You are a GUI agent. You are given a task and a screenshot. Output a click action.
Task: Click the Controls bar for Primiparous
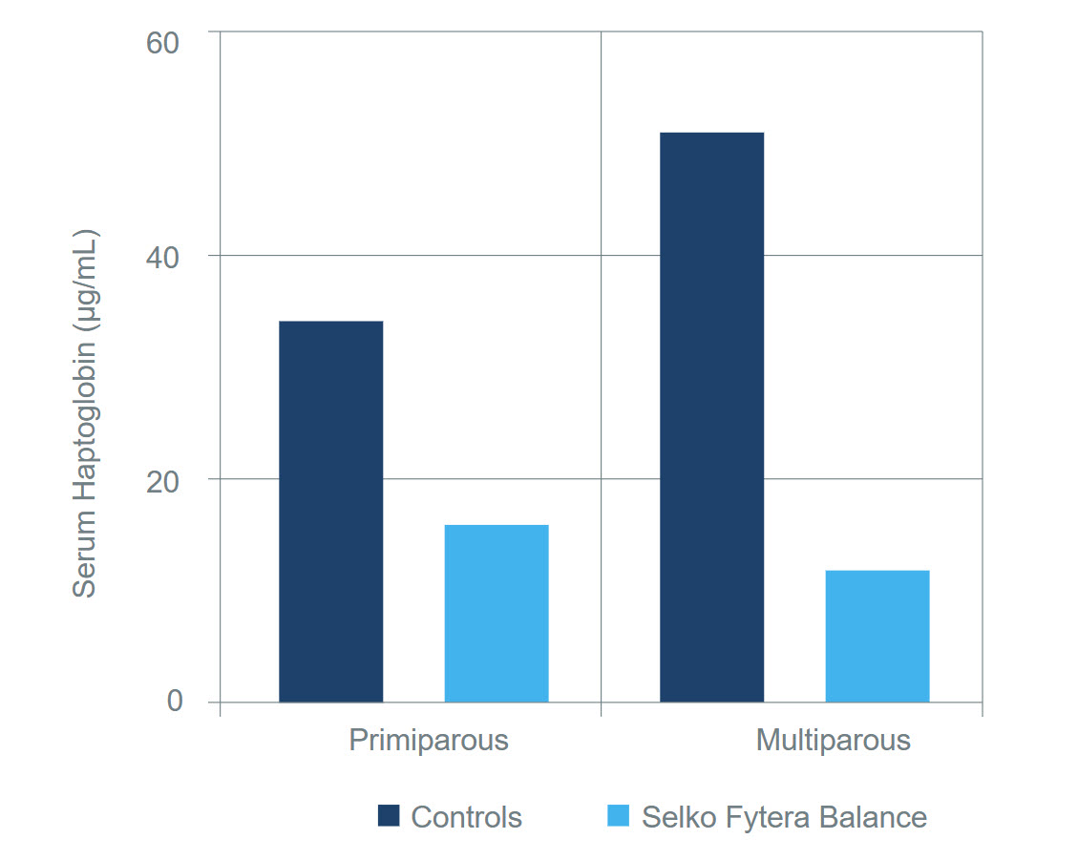point(330,512)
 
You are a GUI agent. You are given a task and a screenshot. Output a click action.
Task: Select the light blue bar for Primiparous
point(497,613)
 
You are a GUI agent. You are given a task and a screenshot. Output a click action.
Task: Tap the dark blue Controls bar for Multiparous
point(711,417)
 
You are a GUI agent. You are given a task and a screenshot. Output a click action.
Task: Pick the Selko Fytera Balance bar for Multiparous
point(877,636)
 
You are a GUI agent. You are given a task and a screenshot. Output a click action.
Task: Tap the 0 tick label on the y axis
point(174,702)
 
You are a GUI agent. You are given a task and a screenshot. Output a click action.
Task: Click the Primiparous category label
point(428,740)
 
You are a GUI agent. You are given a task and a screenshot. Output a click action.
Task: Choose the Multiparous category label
point(833,740)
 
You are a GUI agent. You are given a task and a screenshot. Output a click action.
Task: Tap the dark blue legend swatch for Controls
point(389,816)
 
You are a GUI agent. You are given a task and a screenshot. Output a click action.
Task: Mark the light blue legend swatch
point(619,816)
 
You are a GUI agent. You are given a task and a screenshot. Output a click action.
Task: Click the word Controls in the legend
point(466,817)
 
